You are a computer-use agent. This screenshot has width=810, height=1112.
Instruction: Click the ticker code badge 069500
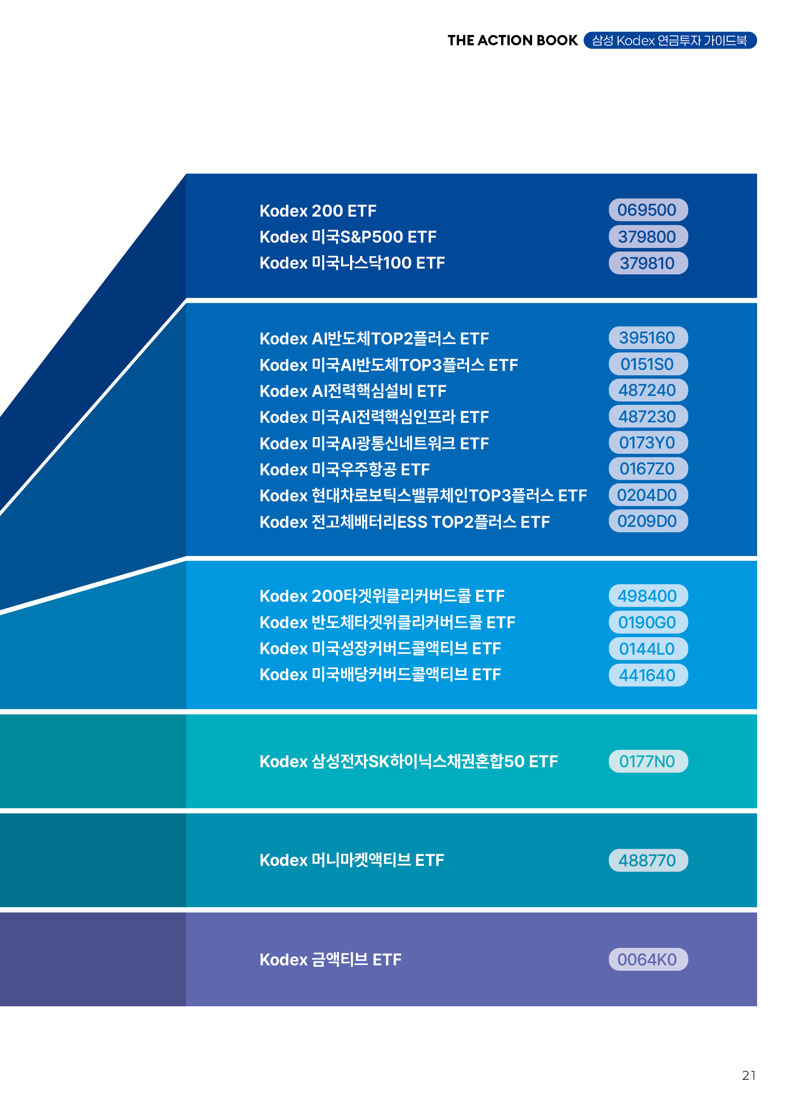(648, 210)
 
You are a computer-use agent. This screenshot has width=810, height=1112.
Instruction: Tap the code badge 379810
(648, 263)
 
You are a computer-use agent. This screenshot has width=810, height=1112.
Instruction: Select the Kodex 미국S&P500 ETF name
(348, 237)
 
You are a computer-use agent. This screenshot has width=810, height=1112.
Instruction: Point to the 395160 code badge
(648, 338)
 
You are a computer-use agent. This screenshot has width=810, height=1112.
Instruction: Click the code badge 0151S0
(648, 364)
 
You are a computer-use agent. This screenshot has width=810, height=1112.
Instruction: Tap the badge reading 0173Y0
(648, 443)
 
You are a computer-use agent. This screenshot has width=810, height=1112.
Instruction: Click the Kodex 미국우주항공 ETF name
(344, 469)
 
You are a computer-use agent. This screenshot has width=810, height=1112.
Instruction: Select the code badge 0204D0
(648, 495)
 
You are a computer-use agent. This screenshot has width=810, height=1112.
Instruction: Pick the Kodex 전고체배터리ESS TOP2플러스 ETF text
(404, 522)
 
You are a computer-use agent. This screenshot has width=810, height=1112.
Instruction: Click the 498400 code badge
(648, 595)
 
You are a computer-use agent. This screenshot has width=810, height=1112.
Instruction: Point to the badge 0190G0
(648, 622)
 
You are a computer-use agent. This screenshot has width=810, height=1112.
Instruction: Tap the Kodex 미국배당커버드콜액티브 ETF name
(380, 674)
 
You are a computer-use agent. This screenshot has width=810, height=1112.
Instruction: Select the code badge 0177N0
(648, 761)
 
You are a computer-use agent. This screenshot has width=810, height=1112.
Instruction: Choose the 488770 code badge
(648, 860)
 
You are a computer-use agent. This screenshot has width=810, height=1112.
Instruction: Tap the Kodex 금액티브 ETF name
(330, 960)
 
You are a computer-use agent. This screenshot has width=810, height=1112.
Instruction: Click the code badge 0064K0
(648, 960)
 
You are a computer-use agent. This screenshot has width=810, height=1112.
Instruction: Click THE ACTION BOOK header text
(512, 40)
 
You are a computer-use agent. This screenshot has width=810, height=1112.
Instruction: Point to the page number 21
(749, 1076)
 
